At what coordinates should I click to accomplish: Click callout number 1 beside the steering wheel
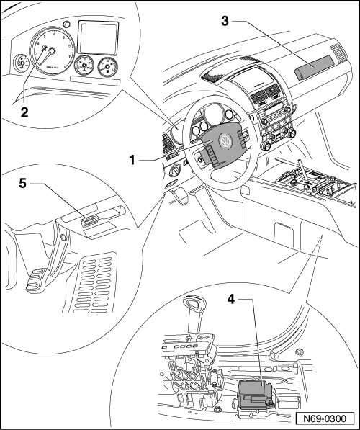point(132,160)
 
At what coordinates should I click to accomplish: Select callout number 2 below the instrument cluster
point(24,112)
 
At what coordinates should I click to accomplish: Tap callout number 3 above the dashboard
point(225,21)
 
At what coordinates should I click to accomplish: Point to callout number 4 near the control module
point(231,299)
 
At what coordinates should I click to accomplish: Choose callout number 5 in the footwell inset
point(23,183)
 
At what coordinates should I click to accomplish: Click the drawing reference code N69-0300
point(325,418)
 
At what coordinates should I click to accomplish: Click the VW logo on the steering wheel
point(225,140)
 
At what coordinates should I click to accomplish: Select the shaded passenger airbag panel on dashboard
point(314,68)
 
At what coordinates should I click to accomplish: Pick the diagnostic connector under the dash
point(89,221)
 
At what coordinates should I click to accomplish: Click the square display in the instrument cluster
point(98,37)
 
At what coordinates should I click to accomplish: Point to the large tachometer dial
point(52,51)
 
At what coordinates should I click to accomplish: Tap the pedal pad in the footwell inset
point(37,280)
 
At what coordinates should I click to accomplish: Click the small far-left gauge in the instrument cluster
point(21,63)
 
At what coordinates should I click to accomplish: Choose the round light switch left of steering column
point(175,171)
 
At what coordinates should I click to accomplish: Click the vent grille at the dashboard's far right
point(338,53)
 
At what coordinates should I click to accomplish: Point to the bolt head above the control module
point(300,351)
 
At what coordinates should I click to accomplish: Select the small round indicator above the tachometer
point(66,24)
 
